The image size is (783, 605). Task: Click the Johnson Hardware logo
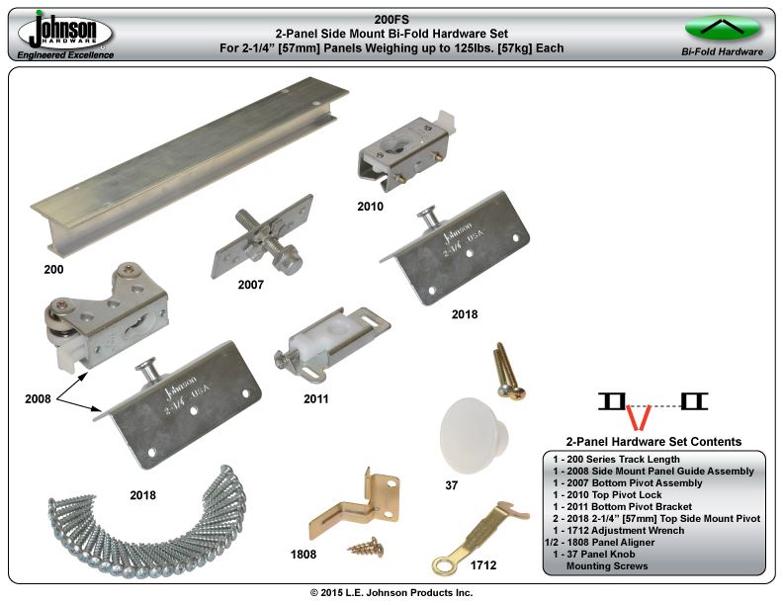(65, 35)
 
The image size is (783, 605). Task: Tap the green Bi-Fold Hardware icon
(722, 28)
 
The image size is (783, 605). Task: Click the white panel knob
(474, 435)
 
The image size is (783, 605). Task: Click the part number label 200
(53, 270)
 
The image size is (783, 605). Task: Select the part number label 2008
(38, 398)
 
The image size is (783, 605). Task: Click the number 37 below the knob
(452, 485)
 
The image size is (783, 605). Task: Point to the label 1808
(304, 554)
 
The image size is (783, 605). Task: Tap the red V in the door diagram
(639, 417)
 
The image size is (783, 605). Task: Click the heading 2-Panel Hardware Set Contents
(653, 442)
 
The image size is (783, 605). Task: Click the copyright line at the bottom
(391, 592)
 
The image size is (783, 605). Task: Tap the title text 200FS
(391, 20)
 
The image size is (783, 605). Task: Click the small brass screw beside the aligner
(366, 548)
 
